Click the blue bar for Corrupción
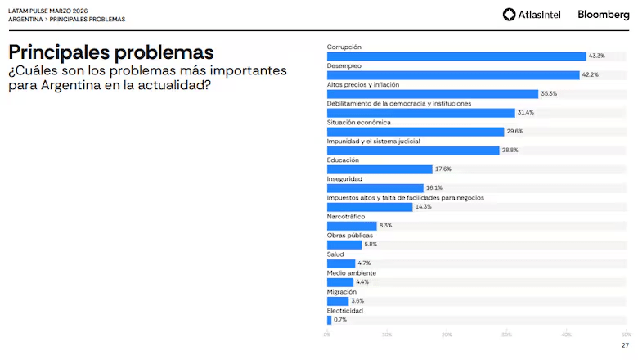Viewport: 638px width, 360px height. pyautogui.click(x=456, y=56)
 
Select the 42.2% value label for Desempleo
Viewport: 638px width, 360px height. pyautogui.click(x=590, y=74)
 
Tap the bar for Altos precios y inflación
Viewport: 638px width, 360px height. pyautogui.click(x=433, y=93)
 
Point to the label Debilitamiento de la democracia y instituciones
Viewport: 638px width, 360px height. pyautogui.click(x=399, y=103)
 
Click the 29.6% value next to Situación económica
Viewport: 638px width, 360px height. pyautogui.click(x=514, y=131)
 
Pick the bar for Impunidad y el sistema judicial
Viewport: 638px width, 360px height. pyautogui.click(x=413, y=150)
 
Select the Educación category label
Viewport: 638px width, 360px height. pyautogui.click(x=343, y=160)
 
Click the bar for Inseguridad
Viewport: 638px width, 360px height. pyautogui.click(x=375, y=187)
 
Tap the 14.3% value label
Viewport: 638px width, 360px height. pyautogui.click(x=423, y=206)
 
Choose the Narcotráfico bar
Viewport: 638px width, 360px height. pyautogui.click(x=352, y=225)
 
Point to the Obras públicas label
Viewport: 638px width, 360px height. pyautogui.click(x=349, y=235)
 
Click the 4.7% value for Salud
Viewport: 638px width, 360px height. pyautogui.click(x=365, y=263)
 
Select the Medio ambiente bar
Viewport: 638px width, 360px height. pyautogui.click(x=340, y=281)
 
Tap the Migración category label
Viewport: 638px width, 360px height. pyautogui.click(x=341, y=291)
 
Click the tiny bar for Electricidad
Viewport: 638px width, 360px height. pyautogui.click(x=330, y=319)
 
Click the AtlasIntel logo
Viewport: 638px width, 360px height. pyautogui.click(x=532, y=14)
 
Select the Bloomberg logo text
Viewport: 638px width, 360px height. pyautogui.click(x=604, y=14)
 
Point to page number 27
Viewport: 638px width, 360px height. pyautogui.click(x=625, y=345)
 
